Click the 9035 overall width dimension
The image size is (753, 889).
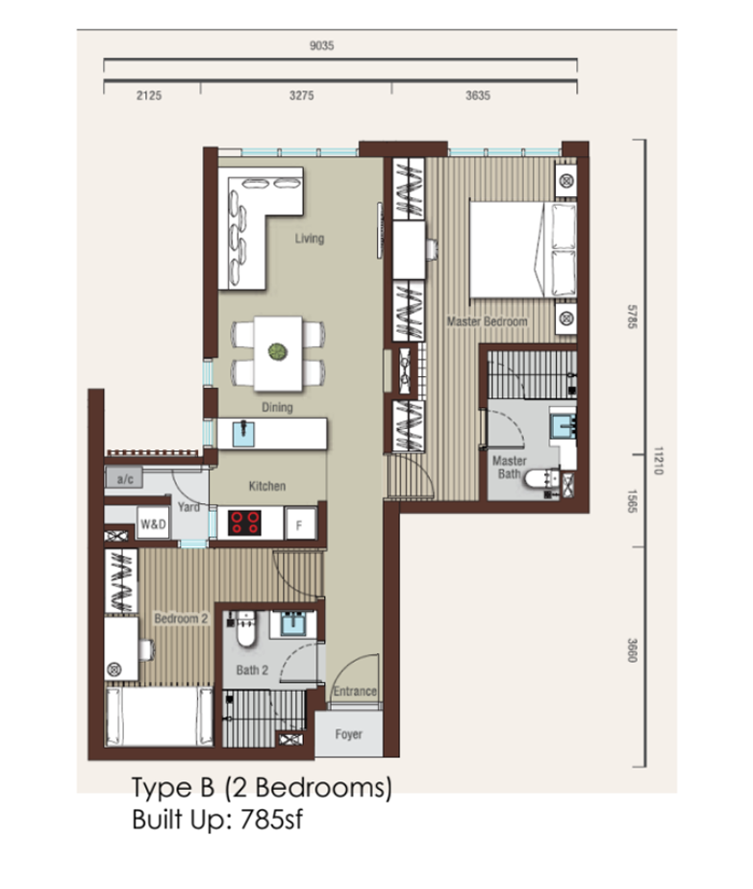pos(322,45)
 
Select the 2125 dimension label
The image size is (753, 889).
pos(149,95)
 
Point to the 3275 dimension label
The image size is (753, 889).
pos(301,95)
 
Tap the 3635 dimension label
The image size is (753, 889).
pos(478,95)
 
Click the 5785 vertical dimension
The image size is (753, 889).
pos(633,317)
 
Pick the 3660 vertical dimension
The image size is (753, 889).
pos(633,650)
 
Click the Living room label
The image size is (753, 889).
pos(310,239)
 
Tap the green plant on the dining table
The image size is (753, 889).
pos(278,352)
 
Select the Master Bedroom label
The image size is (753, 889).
pos(488,321)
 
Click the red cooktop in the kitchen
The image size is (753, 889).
pos(245,522)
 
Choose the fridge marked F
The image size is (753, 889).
pos(299,524)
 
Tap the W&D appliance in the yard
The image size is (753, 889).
pos(153,523)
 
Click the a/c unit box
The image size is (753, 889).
pos(124,478)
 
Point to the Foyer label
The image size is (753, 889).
pos(348,734)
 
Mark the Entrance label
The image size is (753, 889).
pos(355,691)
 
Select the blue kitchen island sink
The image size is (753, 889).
pos(243,434)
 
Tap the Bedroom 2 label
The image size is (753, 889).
pos(182,619)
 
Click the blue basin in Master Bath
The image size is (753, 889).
pos(563,425)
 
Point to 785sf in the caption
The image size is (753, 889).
pos(271,820)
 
